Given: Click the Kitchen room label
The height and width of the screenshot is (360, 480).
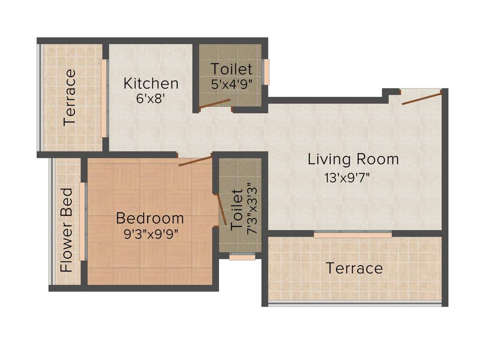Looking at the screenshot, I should point(151,83).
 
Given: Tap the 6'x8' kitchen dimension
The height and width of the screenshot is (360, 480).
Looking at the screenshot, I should point(151,99).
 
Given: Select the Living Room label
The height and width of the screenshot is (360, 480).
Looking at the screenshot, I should point(353,159).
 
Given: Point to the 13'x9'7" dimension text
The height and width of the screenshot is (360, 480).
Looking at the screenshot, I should point(347,178).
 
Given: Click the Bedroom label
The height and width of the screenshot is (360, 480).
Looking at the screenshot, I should point(150,218).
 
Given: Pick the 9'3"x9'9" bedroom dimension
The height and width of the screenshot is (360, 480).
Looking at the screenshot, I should point(151,234).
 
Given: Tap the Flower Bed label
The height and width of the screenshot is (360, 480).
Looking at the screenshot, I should point(67,230).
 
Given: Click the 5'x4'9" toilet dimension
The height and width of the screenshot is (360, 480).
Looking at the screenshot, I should point(232,85).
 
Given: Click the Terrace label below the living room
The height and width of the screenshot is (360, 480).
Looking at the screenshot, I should point(354,269).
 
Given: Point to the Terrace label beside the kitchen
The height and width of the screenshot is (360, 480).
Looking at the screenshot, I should point(70,97).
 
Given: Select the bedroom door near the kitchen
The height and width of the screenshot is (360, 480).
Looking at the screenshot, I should point(195,161).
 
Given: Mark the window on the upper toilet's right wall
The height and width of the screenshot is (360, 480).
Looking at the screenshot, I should point(266,72).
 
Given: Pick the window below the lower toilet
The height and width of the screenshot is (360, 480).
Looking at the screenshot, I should point(242,257).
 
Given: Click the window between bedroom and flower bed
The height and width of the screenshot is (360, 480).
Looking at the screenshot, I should point(82,221).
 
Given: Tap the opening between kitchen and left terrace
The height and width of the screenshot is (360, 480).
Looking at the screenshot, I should point(104,98).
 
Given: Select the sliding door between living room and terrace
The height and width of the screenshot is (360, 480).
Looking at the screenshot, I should point(352,234).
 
